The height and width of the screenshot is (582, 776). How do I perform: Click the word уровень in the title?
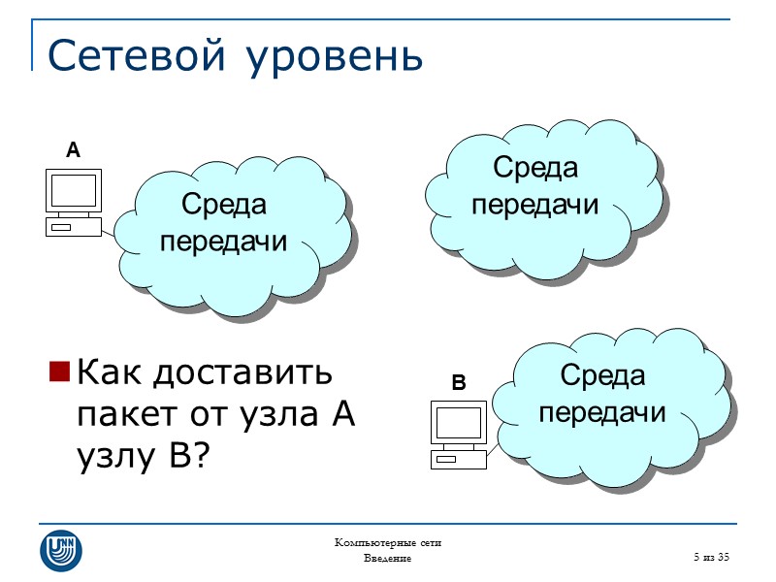tap(336, 58)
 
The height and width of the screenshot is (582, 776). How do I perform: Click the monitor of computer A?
tap(74, 192)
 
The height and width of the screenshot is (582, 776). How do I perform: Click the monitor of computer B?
tap(458, 424)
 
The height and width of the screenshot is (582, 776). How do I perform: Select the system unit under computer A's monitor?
tap(73, 227)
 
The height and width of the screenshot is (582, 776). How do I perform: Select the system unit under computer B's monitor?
tap(458, 460)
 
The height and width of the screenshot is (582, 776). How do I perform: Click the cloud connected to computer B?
tap(606, 412)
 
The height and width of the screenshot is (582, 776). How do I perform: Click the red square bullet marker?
tap(58, 372)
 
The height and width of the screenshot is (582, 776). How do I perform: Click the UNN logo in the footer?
tap(60, 550)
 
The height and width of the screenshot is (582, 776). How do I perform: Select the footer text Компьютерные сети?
tap(387, 542)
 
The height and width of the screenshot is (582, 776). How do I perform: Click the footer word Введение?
tap(387, 559)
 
